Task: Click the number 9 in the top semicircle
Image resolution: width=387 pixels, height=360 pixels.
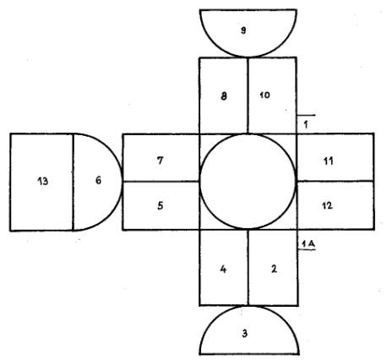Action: click(243, 30)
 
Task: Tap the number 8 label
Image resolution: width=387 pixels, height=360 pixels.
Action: click(224, 96)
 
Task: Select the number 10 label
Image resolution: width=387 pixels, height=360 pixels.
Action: click(264, 95)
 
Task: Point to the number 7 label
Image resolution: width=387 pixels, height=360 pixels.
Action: click(160, 161)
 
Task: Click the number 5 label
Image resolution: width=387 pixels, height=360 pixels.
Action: click(161, 205)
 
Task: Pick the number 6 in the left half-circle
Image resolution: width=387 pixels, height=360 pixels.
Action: click(98, 180)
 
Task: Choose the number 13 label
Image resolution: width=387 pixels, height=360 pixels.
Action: click(43, 181)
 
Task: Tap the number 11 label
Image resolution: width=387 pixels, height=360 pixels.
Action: click(329, 161)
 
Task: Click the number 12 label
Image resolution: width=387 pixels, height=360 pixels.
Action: click(327, 205)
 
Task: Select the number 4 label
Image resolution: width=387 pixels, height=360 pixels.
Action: click(223, 270)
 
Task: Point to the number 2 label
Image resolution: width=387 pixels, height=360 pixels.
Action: click(274, 269)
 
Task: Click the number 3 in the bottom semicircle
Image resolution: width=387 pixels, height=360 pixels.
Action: click(244, 334)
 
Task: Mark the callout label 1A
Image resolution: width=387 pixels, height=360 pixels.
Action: click(308, 244)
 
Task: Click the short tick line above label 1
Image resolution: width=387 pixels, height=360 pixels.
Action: click(306, 115)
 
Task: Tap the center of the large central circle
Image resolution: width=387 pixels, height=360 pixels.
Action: click(248, 181)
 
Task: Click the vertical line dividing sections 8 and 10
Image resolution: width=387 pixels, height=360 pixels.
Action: click(248, 95)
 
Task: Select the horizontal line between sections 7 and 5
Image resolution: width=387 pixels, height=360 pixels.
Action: click(161, 182)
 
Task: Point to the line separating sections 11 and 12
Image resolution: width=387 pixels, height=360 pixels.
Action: click(335, 181)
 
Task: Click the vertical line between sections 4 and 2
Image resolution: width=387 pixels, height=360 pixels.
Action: click(248, 268)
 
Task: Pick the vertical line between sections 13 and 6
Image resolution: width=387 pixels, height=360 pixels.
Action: click(73, 182)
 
